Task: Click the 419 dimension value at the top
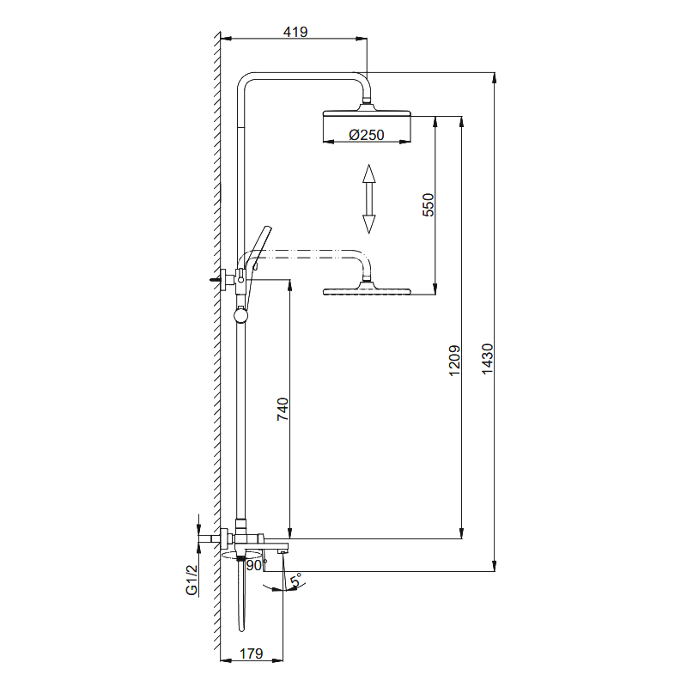(295, 32)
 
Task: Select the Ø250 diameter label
(367, 135)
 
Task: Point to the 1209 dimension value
(455, 361)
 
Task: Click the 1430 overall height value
(487, 358)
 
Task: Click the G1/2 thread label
(192, 581)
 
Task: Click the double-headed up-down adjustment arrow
(368, 199)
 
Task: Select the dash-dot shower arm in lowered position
(309, 254)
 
